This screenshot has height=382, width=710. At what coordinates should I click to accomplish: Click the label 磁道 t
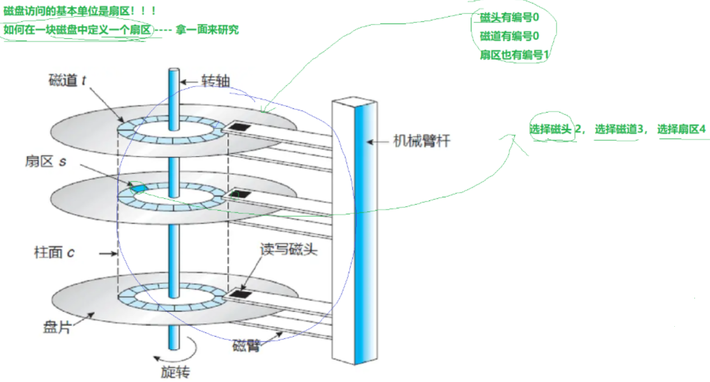click(67, 80)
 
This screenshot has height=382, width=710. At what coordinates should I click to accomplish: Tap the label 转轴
click(215, 81)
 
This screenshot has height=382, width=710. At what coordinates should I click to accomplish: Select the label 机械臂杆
click(422, 141)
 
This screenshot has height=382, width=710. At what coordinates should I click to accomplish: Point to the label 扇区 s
click(46, 161)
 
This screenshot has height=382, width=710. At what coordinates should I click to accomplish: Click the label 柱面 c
click(54, 253)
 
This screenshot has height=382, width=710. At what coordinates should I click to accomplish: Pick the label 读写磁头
click(289, 250)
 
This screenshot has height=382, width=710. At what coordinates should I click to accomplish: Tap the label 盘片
click(57, 327)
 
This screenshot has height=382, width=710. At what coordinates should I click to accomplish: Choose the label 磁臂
click(247, 346)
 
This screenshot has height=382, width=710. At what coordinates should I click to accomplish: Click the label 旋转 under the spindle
click(175, 372)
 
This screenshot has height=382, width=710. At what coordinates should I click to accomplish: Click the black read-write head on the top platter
click(240, 127)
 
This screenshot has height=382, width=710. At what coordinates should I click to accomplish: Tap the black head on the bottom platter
click(240, 293)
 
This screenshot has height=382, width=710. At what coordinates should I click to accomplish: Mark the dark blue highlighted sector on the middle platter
click(138, 188)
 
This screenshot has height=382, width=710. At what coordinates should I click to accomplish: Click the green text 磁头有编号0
click(509, 17)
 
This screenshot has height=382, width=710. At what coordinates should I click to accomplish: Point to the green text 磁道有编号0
click(509, 36)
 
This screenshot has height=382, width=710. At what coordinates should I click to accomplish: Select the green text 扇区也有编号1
click(514, 55)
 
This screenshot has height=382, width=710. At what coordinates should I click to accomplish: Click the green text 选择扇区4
click(682, 129)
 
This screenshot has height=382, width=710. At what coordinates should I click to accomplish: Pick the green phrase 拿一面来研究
click(207, 30)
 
